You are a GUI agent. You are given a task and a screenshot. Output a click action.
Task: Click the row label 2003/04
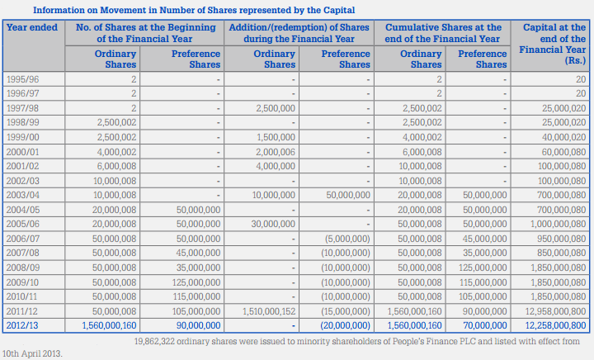23,195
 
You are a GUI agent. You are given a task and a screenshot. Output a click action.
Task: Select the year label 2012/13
22,325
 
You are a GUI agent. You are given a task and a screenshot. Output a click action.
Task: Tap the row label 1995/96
23,79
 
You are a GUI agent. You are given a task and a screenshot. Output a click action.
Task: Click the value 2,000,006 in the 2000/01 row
276,152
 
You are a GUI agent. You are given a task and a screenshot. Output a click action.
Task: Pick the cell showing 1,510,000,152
269,311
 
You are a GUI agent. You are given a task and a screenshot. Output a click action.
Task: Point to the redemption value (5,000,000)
347,239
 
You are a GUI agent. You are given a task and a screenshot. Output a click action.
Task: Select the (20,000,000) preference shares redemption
345,325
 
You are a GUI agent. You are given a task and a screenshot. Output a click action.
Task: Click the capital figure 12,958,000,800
555,311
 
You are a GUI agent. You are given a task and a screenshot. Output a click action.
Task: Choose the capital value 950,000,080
562,239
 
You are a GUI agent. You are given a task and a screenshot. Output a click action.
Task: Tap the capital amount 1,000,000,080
558,224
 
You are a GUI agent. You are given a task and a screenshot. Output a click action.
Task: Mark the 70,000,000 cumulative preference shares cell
485,325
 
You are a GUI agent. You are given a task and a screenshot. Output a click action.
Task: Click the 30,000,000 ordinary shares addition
273,224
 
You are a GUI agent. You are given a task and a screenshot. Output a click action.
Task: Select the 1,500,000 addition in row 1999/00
276,137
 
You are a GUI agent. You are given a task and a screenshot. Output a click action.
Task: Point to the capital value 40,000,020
563,137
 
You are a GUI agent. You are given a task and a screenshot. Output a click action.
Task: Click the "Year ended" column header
32,28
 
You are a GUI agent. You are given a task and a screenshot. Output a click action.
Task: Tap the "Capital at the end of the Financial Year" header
553,44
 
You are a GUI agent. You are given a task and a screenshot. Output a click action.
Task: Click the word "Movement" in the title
123,10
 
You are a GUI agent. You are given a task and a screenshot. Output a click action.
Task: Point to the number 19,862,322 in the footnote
154,342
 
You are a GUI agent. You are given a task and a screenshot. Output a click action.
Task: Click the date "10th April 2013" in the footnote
31,354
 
